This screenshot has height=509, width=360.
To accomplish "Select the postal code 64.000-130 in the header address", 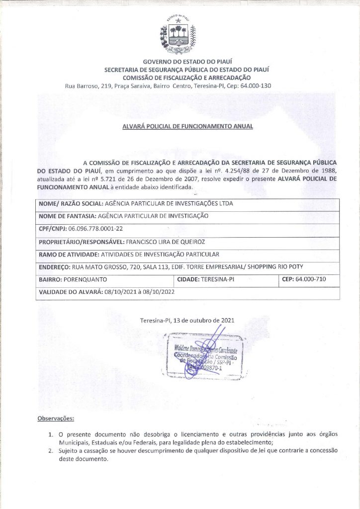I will (271, 86).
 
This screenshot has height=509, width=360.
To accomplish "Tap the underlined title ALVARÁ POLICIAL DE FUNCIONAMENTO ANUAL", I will (187, 126).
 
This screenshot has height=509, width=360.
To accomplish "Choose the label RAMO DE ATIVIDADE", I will (69, 254).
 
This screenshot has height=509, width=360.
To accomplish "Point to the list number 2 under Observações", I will (51, 451).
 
